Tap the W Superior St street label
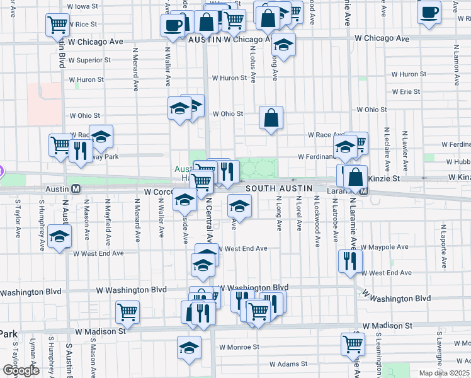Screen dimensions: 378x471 point(89,60)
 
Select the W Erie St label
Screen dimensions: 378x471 point(406,91)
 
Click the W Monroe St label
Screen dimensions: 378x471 point(239,347)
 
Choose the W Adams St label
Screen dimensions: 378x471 point(288,364)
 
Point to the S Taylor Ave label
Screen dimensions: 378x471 point(18,218)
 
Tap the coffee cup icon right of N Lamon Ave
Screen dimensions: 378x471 point(429,11)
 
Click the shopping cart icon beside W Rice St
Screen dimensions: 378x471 point(57,25)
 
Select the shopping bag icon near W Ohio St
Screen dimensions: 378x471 point(271,118)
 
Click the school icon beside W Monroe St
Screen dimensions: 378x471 point(189,348)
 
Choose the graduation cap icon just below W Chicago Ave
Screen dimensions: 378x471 point(284,45)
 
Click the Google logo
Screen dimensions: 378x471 point(21,370)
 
